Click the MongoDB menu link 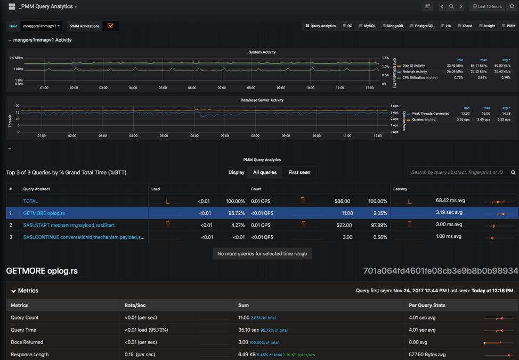click(393, 26)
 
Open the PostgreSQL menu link click(422, 26)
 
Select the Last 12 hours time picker click(488, 6)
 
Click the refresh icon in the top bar click(512, 6)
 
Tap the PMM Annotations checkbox click(110, 26)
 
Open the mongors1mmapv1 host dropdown click(41, 26)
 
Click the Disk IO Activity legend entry click(413, 66)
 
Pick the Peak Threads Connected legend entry click(431, 114)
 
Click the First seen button click(299, 172)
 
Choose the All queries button click(265, 172)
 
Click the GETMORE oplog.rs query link click(44, 213)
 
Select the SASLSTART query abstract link click(69, 225)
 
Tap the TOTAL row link click(30, 201)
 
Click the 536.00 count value click(342, 201)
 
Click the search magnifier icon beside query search click(513, 172)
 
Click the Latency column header click(400, 189)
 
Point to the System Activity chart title click(262, 52)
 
